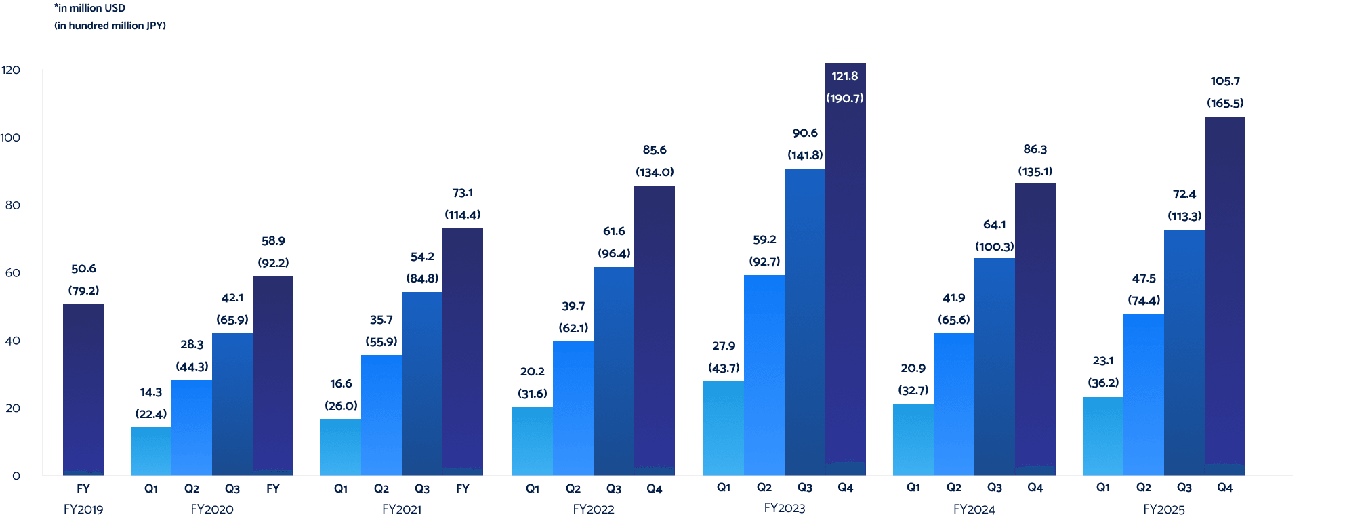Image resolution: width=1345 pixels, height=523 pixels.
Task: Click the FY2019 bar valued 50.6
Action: [83, 390]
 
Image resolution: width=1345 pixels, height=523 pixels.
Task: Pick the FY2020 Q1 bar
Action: [151, 451]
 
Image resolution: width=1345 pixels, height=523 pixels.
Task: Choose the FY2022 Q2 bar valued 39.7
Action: [573, 408]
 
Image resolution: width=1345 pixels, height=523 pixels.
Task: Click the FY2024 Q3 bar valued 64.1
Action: [994, 367]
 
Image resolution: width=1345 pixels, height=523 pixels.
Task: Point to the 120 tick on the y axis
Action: [11, 70]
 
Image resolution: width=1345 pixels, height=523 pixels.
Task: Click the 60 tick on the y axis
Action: [12, 273]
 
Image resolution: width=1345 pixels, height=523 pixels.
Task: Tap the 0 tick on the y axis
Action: [16, 476]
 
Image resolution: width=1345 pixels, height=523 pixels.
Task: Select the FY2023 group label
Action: [785, 508]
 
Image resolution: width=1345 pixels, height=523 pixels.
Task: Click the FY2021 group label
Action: [402, 509]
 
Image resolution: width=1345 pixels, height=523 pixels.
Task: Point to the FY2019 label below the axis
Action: [83, 509]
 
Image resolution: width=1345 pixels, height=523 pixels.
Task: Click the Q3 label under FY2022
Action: [614, 488]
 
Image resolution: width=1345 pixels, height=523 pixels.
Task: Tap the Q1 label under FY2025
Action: [1103, 488]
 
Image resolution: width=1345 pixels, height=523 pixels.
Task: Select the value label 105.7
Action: [1225, 81]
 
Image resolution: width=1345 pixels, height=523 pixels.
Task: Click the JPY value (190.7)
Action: [845, 98]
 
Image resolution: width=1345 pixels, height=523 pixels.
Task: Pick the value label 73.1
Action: [463, 193]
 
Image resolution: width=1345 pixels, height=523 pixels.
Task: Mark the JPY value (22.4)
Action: [151, 414]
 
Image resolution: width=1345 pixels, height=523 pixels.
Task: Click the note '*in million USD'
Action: [89, 8]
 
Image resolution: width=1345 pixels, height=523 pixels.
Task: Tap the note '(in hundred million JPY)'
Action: [110, 26]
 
